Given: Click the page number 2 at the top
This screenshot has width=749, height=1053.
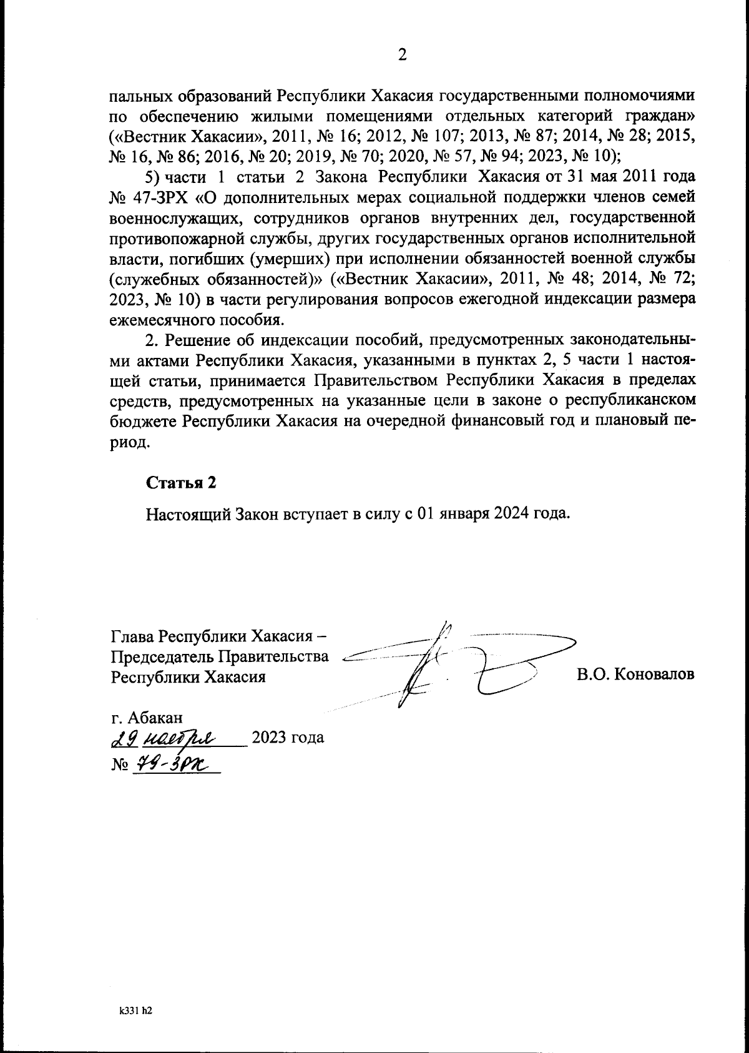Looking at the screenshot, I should pyautogui.click(x=402, y=55).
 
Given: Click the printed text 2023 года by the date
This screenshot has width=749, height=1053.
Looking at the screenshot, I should pyautogui.click(x=286, y=738).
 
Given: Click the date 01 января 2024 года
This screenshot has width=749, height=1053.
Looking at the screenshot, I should pyautogui.click(x=493, y=514).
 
